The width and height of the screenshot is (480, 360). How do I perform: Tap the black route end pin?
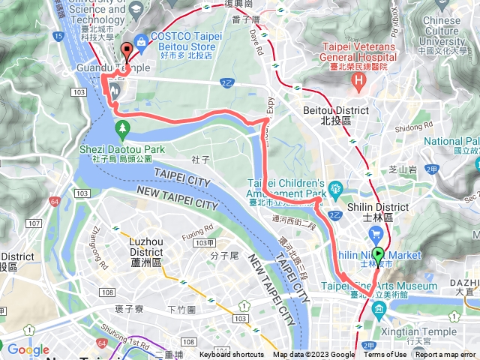click(125, 52)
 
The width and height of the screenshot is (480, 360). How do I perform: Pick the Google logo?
click(28, 349)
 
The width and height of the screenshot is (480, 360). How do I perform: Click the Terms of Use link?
click(385, 355)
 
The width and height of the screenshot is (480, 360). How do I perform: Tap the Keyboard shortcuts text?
click(231, 355)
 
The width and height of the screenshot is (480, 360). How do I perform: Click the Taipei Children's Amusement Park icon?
click(334, 186)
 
